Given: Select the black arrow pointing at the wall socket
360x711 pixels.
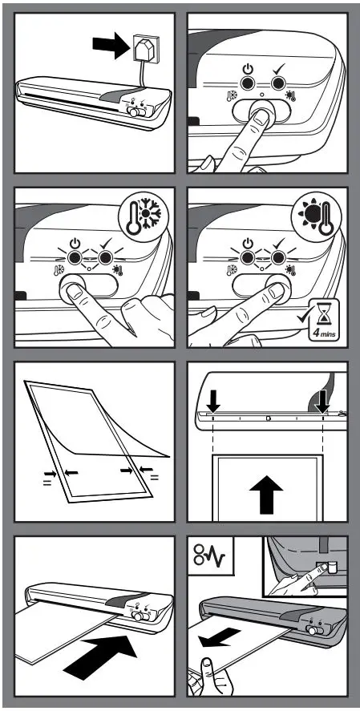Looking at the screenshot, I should (109, 48).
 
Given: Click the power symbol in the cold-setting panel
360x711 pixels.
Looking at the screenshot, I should (75, 241).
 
